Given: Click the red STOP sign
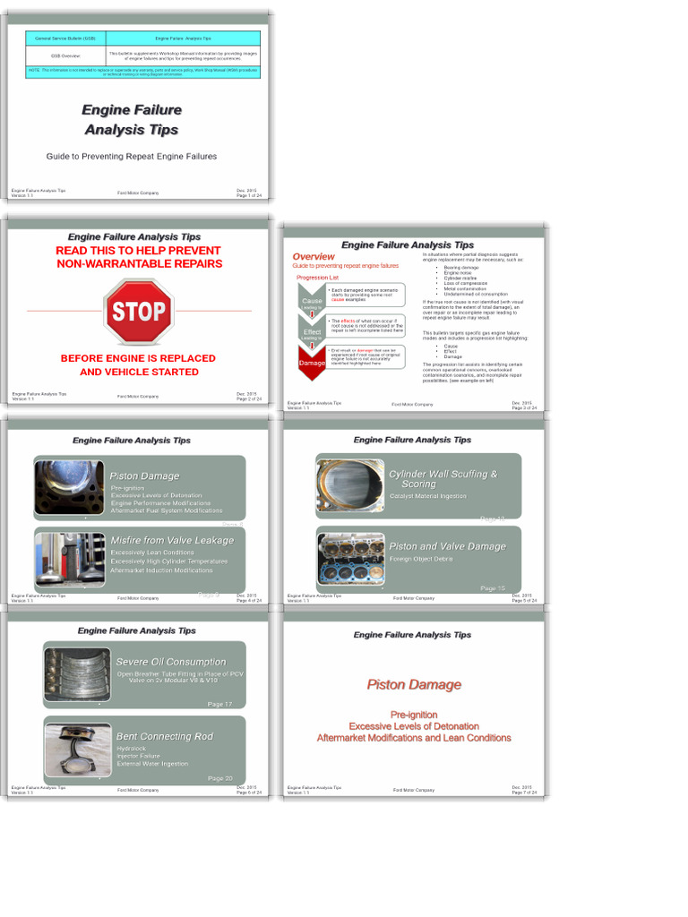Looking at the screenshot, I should (x=138, y=312).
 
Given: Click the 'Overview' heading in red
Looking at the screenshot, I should (x=314, y=257).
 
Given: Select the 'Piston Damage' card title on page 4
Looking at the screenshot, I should (x=144, y=476).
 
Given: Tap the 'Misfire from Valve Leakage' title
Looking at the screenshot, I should (x=172, y=541).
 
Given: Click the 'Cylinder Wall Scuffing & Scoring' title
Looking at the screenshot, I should (x=443, y=478).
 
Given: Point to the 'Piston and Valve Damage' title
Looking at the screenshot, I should (x=447, y=546).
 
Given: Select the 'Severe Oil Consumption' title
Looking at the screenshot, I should (x=171, y=662).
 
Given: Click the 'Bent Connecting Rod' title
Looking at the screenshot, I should (x=165, y=736).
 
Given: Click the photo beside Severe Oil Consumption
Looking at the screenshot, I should (x=77, y=673).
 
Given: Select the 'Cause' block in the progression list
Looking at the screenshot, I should (x=312, y=302).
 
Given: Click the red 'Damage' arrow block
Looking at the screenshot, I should (x=312, y=363).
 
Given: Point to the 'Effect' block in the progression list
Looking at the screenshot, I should (x=312, y=332).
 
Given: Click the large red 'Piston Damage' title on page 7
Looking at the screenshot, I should (x=414, y=685).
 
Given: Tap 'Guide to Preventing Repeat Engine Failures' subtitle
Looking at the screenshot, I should (x=132, y=157).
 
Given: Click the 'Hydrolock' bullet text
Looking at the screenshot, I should (x=131, y=748).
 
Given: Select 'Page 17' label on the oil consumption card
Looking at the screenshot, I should (x=219, y=704).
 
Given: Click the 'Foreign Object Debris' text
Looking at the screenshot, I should (x=421, y=559).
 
